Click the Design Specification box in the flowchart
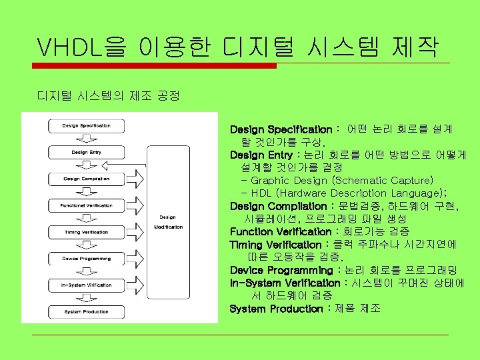[x=86, y=125]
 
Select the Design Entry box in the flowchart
[x=86, y=152]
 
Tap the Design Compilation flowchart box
[x=86, y=179]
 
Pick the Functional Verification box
[x=86, y=205]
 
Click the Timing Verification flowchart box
[x=86, y=232]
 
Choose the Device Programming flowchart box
[x=86, y=258]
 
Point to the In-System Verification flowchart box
[x=86, y=285]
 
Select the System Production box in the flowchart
[x=86, y=311]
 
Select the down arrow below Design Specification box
[x=86, y=139]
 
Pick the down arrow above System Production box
[x=86, y=298]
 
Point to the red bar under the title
[x=156, y=65]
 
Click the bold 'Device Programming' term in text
[x=281, y=270]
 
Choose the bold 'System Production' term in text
[x=275, y=309]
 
